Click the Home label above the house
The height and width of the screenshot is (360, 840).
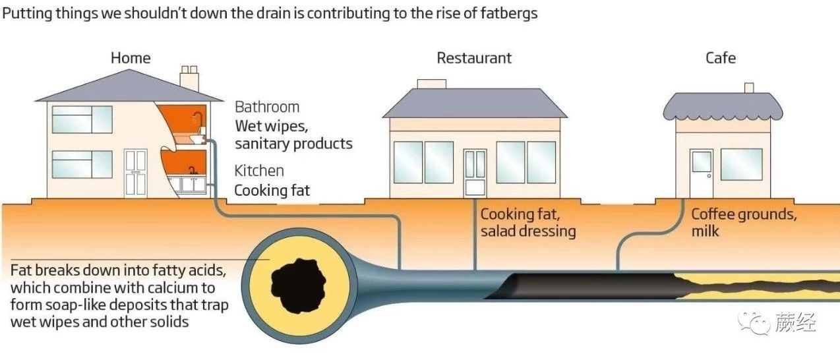[131, 58]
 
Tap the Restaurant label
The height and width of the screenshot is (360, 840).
[474, 58]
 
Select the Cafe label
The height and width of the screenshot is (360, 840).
[721, 58]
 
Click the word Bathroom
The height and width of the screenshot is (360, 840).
[267, 107]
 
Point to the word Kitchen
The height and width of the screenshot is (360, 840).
[259, 171]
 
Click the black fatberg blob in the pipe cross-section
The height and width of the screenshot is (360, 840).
[298, 285]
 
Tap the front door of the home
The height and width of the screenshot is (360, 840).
[135, 173]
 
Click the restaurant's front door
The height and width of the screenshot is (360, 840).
[475, 173]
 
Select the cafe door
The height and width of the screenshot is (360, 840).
[702, 173]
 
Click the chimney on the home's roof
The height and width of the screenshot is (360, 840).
[189, 78]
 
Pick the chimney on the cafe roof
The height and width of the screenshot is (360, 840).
[749, 88]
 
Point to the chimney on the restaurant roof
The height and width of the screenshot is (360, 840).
[432, 84]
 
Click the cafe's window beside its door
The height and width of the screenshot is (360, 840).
[741, 164]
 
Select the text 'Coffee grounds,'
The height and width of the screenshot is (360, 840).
[744, 214]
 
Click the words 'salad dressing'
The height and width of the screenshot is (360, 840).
[528, 231]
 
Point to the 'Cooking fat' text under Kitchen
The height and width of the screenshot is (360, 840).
[272, 191]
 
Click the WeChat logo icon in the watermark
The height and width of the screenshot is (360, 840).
[754, 322]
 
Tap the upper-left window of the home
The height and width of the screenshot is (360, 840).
[82, 119]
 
